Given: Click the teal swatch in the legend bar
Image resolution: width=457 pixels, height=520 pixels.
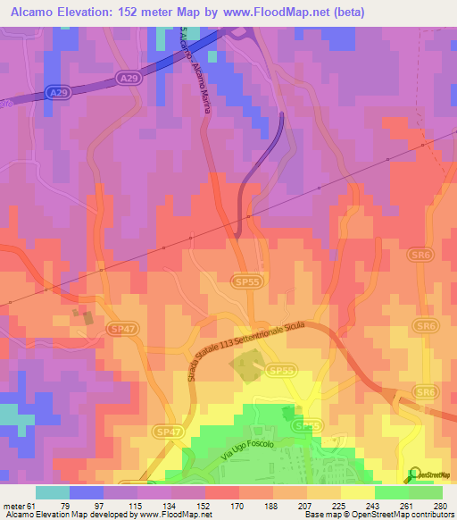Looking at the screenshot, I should pos(52,492).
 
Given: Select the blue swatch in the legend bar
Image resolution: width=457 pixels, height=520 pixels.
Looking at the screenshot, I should pos(87,492).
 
